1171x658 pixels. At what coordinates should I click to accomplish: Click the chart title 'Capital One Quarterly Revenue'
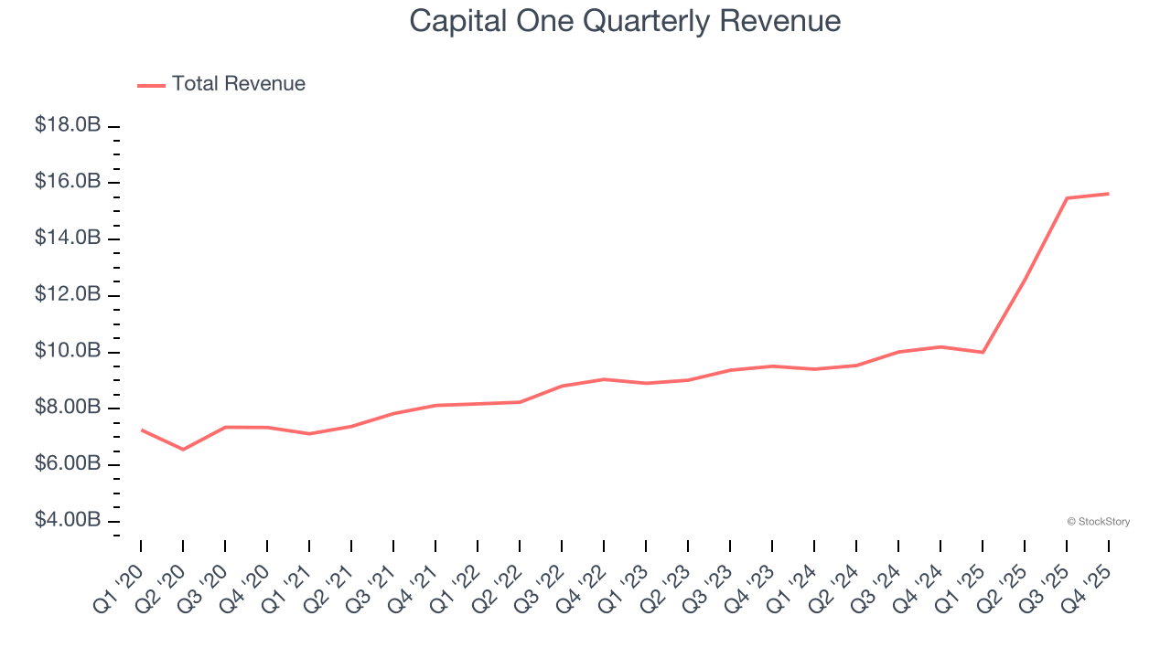625,20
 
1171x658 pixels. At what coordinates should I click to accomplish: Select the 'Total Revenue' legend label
238,84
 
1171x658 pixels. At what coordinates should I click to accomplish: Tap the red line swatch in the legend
151,85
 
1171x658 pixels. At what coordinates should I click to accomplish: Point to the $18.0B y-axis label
68,125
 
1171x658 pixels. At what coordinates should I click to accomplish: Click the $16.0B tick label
68,182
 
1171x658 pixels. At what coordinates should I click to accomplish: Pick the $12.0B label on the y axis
68,294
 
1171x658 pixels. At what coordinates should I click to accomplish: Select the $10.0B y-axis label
68,351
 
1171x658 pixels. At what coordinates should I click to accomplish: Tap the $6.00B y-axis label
68,463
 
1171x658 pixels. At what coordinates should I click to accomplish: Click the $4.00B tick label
68,520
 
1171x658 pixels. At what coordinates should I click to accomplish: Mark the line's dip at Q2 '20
183,450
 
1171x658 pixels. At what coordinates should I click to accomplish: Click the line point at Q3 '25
1067,198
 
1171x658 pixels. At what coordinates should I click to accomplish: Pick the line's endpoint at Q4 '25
1109,194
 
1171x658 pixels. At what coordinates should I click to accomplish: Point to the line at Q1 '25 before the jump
983,352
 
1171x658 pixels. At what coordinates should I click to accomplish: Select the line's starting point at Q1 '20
141,430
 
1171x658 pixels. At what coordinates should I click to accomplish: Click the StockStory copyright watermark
1098,522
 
